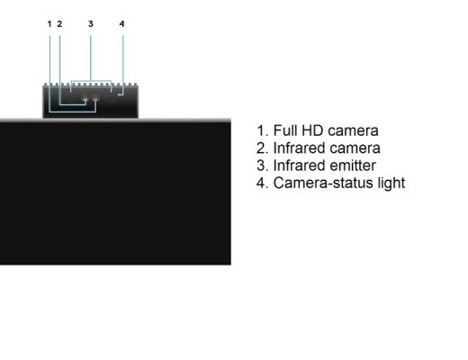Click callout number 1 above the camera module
(x=49, y=23)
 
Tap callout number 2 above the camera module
(x=59, y=23)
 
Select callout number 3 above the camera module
(x=91, y=23)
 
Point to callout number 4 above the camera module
(x=121, y=23)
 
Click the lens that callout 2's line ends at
(x=85, y=97)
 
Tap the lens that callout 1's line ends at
(x=95, y=97)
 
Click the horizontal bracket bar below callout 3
(x=91, y=81)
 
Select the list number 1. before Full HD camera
(x=263, y=130)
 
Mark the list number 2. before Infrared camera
(x=263, y=148)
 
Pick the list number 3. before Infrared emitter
(x=263, y=166)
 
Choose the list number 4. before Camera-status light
(x=263, y=183)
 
